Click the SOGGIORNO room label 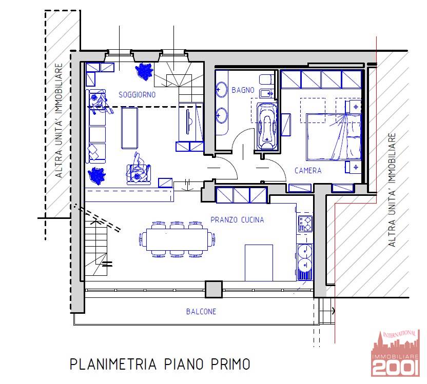click(137, 95)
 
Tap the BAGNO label click(243, 90)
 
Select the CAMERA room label click(308, 171)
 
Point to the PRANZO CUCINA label click(237, 220)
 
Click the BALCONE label click(201, 311)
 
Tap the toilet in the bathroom click(266, 79)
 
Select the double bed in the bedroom click(334, 137)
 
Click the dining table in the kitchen click(177, 239)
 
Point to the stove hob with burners click(305, 224)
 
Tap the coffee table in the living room click(129, 128)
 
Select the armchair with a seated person click(139, 171)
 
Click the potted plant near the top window click(144, 71)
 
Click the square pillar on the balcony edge click(214, 289)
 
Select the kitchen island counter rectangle click(259, 263)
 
